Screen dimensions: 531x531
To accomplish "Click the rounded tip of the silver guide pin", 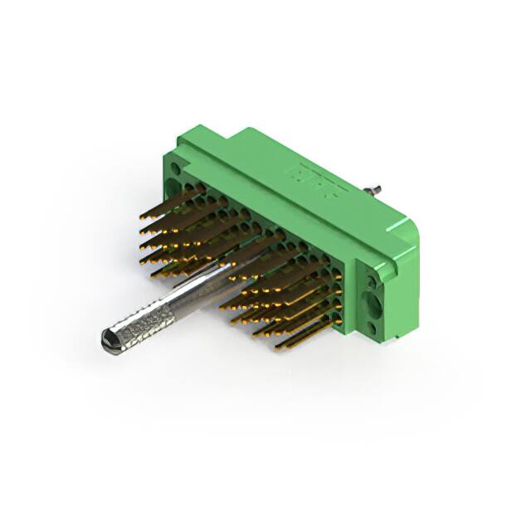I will [x=106, y=338].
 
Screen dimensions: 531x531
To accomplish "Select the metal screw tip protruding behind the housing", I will [x=376, y=188].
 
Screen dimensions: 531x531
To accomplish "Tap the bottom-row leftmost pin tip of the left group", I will [x=154, y=274].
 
